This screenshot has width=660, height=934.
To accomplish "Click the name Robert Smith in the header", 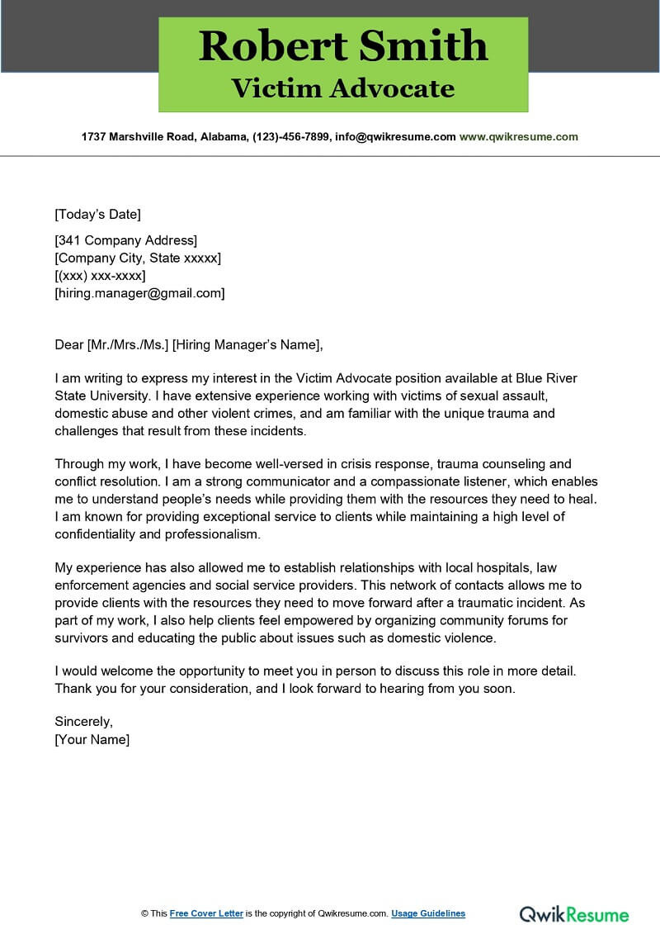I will pos(343,45).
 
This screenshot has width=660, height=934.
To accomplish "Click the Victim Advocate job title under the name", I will pos(343,88).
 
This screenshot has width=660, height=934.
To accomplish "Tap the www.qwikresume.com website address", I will pos(518,137).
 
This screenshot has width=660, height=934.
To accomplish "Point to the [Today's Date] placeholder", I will pos(97,215).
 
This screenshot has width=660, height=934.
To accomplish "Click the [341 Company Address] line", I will pos(126,241).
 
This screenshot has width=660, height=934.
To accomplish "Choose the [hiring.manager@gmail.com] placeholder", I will pos(139,293).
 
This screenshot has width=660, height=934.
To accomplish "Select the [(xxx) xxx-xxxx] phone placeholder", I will pos(100,276).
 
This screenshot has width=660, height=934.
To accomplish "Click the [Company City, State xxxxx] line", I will pos(138,258).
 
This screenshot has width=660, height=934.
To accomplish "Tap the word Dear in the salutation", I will pos(69,345).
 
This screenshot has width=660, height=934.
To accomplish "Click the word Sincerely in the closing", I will pos(83,722).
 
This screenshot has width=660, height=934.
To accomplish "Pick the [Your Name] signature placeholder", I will pos(92,740).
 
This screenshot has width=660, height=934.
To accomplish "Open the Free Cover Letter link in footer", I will pos(206,913).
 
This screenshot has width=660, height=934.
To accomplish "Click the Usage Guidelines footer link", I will pos(428,913).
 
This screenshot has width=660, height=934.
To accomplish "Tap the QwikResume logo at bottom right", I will pos(574,913).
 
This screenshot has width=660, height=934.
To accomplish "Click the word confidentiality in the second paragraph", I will pos(104,534).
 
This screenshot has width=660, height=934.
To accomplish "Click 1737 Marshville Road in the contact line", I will pos(137,137).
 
